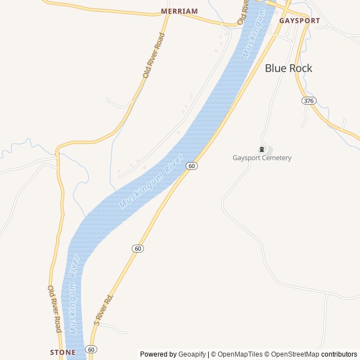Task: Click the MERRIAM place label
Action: [x=179, y=11]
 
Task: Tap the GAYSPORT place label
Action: [x=299, y=20]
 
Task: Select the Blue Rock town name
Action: [x=289, y=69]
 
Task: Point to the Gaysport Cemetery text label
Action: [x=262, y=158]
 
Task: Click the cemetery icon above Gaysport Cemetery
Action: [x=262, y=149]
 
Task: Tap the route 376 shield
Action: [x=308, y=101]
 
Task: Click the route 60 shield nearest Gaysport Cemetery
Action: [x=192, y=166]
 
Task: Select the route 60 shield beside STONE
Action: [x=92, y=349]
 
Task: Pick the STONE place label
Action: [x=62, y=353]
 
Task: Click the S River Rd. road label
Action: [x=104, y=309]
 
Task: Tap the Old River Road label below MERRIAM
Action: [x=154, y=55]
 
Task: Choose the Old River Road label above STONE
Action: [x=54, y=308]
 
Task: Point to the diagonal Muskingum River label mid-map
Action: [x=152, y=181]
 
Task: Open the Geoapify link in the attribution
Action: [x=192, y=354]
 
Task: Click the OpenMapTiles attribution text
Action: [x=240, y=354]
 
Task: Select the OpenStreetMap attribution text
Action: [x=293, y=354]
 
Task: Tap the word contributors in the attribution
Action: [x=339, y=354]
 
